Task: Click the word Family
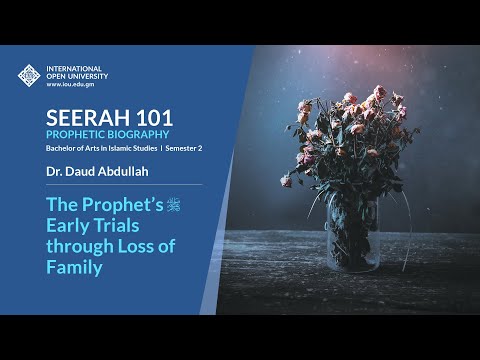74,268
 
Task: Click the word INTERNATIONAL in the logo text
74,68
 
